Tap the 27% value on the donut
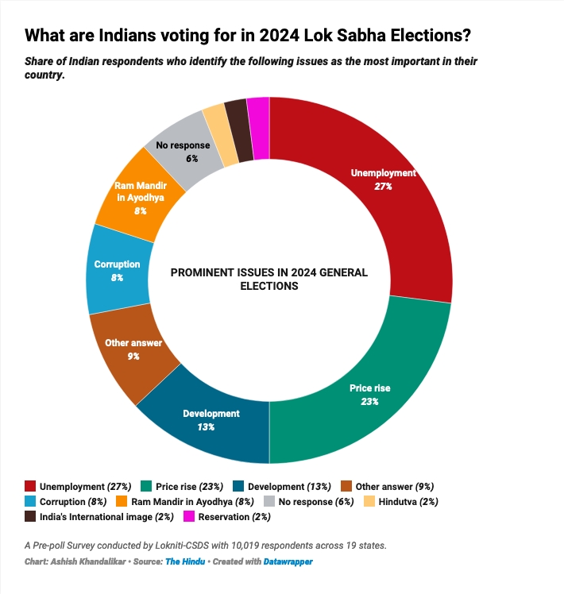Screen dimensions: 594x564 pyautogui.click(x=384, y=186)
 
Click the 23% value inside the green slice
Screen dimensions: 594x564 pyautogui.click(x=369, y=401)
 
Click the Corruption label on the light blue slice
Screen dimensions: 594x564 pyautogui.click(x=118, y=264)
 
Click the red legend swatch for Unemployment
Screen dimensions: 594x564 pyautogui.click(x=31, y=486)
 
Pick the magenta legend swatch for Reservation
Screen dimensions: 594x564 pyautogui.click(x=189, y=516)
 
